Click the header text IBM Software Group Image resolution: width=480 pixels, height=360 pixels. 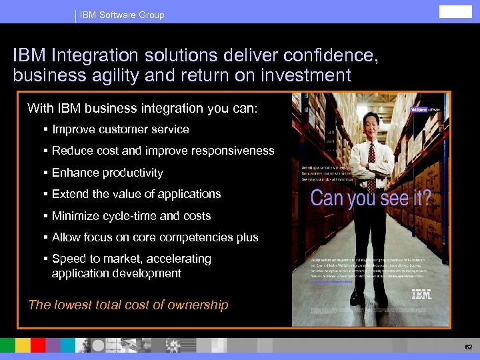(x=122, y=15)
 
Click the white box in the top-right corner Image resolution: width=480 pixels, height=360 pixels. (x=455, y=11)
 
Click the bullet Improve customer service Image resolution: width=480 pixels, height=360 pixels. (x=120, y=129)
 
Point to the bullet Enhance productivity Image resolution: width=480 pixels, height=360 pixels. (x=107, y=173)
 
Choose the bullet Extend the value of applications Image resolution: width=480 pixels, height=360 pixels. (x=136, y=194)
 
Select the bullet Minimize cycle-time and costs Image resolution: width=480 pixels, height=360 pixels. (x=131, y=216)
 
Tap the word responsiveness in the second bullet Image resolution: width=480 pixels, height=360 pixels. (x=233, y=151)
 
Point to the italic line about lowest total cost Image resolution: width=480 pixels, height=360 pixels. (x=128, y=305)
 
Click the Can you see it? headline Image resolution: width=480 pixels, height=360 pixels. (x=371, y=198)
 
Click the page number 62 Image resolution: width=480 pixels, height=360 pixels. (x=468, y=347)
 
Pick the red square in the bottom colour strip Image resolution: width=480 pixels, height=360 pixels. (x=38, y=345)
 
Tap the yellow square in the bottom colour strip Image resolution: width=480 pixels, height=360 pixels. (x=23, y=345)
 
